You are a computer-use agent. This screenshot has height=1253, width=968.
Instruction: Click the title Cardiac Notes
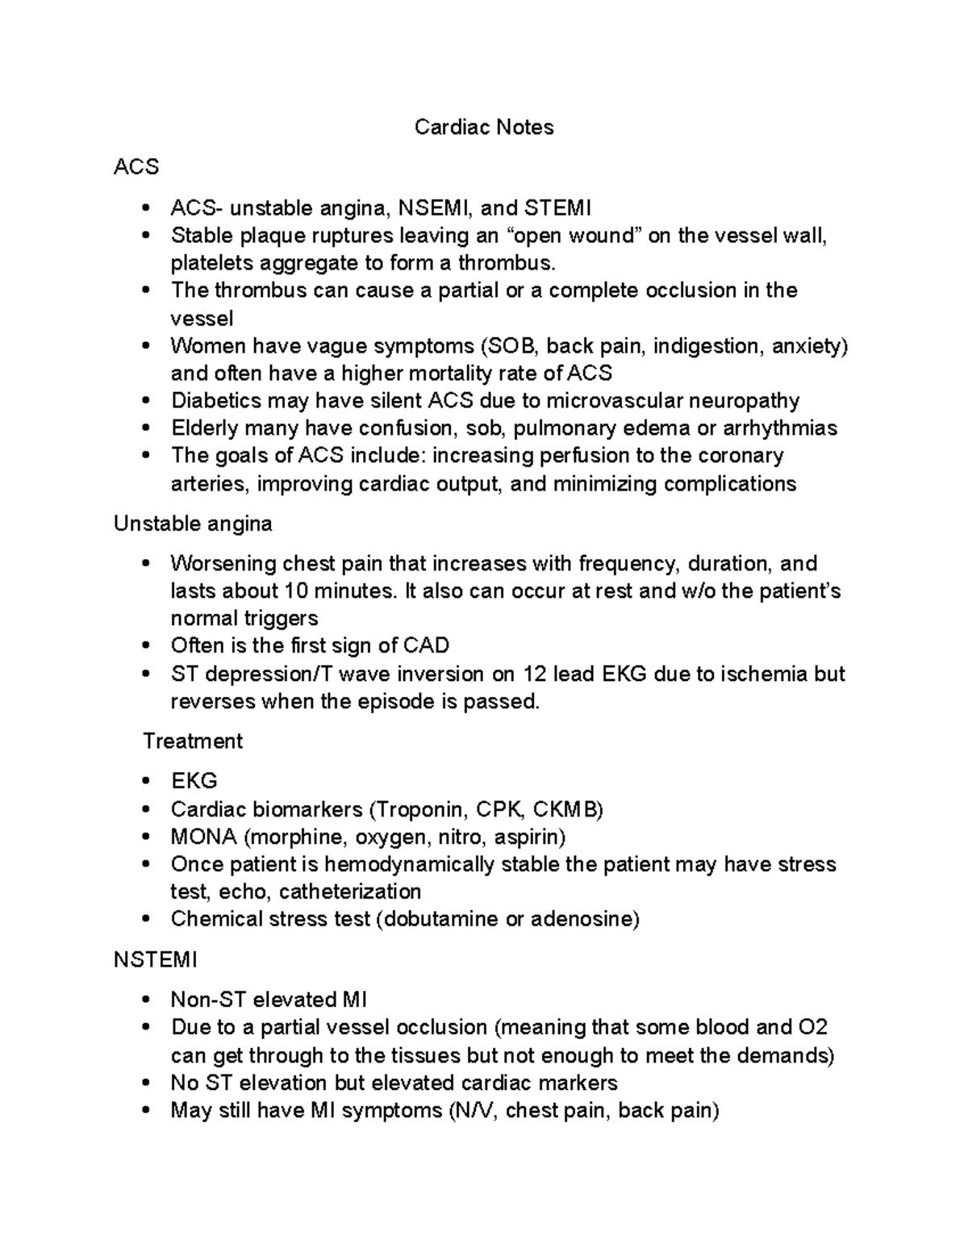point(483,127)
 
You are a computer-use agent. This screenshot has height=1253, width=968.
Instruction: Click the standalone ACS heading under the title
point(136,167)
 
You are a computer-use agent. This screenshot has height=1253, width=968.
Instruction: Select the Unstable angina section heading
point(193,524)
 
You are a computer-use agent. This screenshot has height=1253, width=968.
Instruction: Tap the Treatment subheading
point(193,741)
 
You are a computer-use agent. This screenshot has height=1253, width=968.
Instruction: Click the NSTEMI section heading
point(155,959)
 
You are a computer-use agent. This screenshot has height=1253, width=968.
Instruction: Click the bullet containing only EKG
point(194,781)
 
